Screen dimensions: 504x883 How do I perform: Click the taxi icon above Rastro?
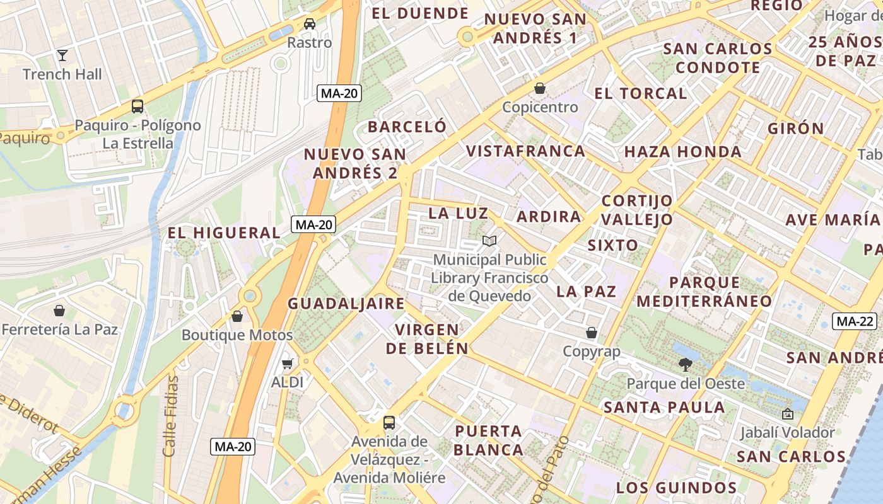[x=310, y=24]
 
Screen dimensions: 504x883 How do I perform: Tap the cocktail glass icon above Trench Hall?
[x=62, y=55]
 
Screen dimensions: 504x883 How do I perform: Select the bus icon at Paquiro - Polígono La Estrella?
[x=137, y=106]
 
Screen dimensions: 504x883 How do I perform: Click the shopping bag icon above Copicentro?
[x=540, y=88]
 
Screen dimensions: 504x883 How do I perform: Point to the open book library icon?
[x=489, y=241]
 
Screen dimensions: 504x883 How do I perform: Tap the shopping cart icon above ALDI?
[x=288, y=364]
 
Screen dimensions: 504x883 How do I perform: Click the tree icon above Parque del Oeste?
[x=686, y=364]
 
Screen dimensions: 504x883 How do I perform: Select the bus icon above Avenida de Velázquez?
[x=389, y=422]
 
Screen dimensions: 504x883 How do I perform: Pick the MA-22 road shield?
[x=855, y=321]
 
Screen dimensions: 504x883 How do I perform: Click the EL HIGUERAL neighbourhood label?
[x=224, y=232]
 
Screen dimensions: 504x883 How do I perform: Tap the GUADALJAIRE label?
[x=346, y=303]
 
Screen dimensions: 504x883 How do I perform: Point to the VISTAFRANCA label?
[x=526, y=151]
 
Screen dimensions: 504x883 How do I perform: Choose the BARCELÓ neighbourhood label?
[x=407, y=127]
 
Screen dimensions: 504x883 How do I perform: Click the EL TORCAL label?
[x=640, y=93]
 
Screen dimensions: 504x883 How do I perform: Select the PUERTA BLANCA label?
[x=489, y=440]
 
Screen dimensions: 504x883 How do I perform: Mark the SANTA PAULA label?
[x=664, y=407]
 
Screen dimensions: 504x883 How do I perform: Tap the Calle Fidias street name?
[x=170, y=416]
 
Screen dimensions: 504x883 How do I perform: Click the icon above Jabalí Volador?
[x=787, y=415]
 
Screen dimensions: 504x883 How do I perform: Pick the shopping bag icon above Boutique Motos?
[x=237, y=316]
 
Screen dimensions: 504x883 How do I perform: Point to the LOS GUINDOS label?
[x=676, y=488]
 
